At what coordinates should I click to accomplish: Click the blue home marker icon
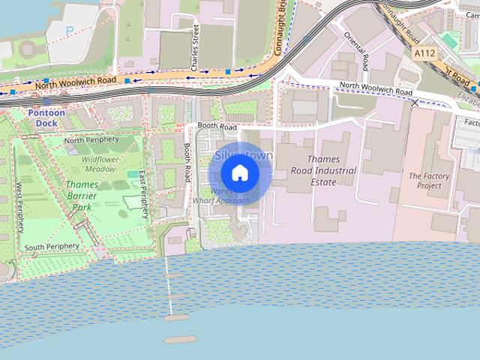point(240,173)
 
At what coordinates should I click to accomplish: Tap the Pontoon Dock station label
point(48,117)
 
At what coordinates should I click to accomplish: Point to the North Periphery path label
point(91,139)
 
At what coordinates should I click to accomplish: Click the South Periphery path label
point(51,247)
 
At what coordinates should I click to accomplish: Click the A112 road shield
point(424,53)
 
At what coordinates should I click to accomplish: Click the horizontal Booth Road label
point(217,127)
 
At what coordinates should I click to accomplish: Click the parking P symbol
point(70,32)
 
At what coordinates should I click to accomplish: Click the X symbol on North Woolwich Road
point(415,102)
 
